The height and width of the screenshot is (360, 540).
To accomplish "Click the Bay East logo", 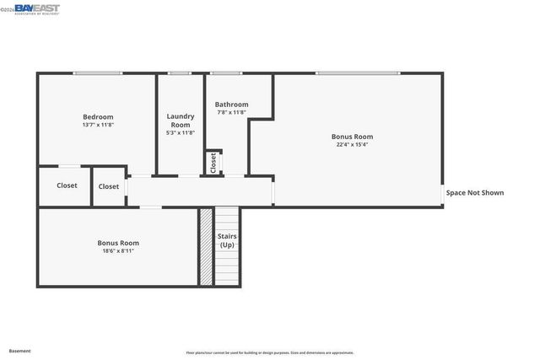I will [36, 9].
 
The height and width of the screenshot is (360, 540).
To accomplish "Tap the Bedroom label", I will [98, 117].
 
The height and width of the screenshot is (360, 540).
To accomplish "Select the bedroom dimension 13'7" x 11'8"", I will [98, 125].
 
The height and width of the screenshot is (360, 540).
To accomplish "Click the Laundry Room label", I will [181, 121].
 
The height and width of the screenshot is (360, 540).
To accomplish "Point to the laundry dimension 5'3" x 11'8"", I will [181, 132].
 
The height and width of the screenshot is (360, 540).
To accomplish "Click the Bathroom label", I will [231, 105].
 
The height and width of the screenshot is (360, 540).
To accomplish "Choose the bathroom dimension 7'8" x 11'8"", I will [231, 112].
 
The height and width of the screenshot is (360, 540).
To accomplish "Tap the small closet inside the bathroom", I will [213, 162].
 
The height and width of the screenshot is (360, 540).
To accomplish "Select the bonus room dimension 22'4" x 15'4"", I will [352, 144].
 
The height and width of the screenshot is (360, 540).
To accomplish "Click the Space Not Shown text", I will [475, 192].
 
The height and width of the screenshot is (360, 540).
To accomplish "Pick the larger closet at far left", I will [67, 185].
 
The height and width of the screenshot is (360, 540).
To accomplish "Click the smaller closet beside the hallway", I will [109, 186].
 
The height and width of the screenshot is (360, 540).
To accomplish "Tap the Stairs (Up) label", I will [227, 240].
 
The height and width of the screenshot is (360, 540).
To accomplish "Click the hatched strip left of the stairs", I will [205, 247].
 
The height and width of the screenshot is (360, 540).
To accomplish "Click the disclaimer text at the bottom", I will [270, 352].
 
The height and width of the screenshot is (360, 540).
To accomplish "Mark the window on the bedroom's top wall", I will [97, 73].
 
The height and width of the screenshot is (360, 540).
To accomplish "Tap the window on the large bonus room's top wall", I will [357, 73].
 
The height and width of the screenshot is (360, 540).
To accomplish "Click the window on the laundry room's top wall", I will [179, 73].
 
